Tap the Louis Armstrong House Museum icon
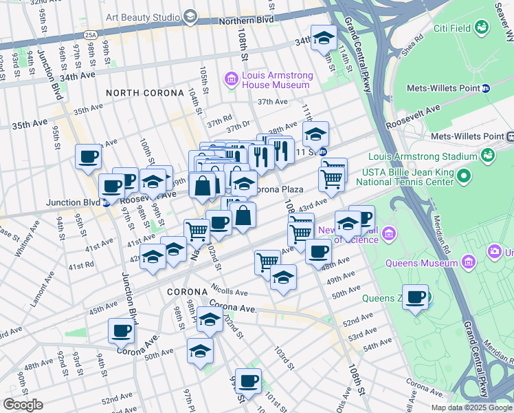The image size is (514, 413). click(x=232, y=81)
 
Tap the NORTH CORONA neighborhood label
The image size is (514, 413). click(x=145, y=93)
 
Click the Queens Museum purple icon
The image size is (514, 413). click(x=470, y=262)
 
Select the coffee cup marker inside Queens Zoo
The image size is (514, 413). click(x=416, y=297)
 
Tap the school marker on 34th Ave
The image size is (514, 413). click(x=323, y=39)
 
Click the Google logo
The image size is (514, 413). click(x=23, y=404)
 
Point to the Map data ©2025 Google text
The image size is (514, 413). click(x=471, y=407)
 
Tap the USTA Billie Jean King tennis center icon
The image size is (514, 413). click(x=465, y=176)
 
